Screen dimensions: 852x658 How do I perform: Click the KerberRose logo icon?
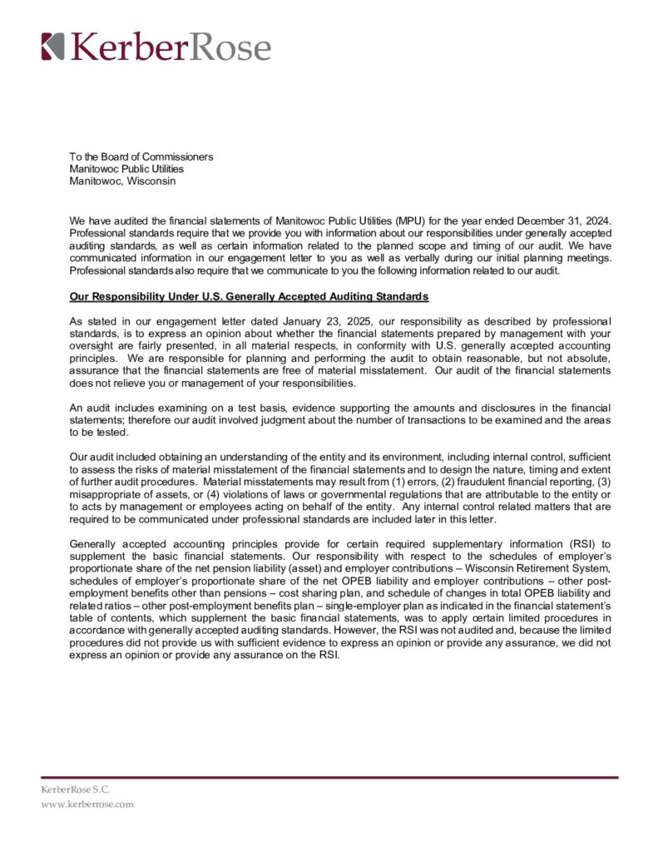[x=52, y=46]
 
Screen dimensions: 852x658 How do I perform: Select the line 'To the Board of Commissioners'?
[x=141, y=156]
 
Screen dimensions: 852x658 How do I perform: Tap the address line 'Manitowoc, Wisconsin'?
[x=122, y=181]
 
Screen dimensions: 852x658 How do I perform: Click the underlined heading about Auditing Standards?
[x=249, y=296]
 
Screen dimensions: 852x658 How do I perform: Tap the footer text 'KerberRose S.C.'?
[x=76, y=788]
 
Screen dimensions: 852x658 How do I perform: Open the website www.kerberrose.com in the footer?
[x=87, y=805]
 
